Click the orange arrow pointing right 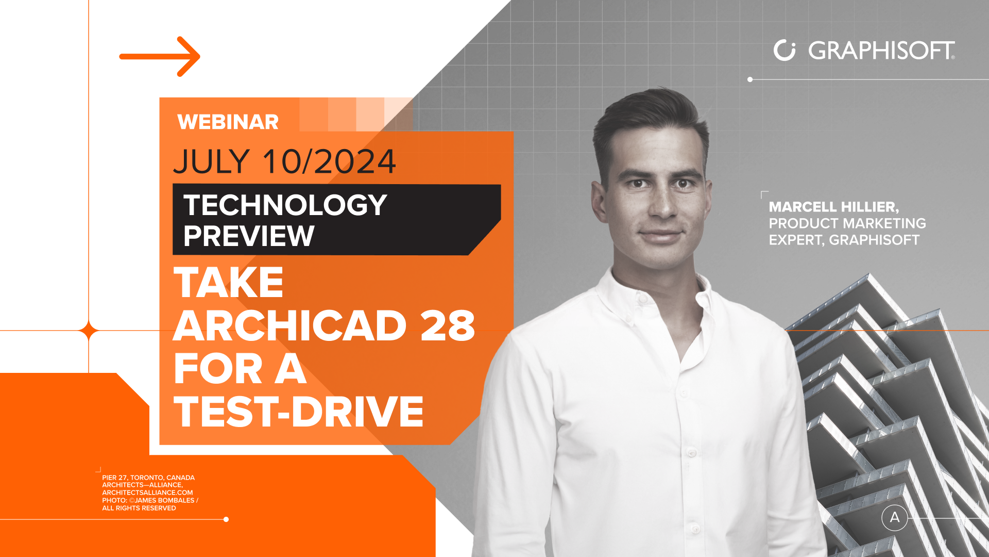pos(160,56)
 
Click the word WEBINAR pos(228,122)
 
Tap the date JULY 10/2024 pos(285,161)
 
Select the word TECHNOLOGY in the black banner pos(285,205)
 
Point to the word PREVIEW pos(249,236)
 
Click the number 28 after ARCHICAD pos(448,326)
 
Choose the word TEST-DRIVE pos(299,412)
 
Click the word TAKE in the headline pos(229,283)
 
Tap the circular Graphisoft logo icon pos(785,50)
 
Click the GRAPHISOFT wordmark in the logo pos(881,51)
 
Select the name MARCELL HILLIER pos(833,207)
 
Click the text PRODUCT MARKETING pos(847,223)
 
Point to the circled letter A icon pos(895,517)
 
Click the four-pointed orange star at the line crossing pos(89,330)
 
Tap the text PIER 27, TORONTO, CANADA pos(148,478)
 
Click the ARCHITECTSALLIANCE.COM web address pos(147,493)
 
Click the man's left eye pos(683,184)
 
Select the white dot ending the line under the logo pos(750,79)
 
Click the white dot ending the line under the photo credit pos(226,519)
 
